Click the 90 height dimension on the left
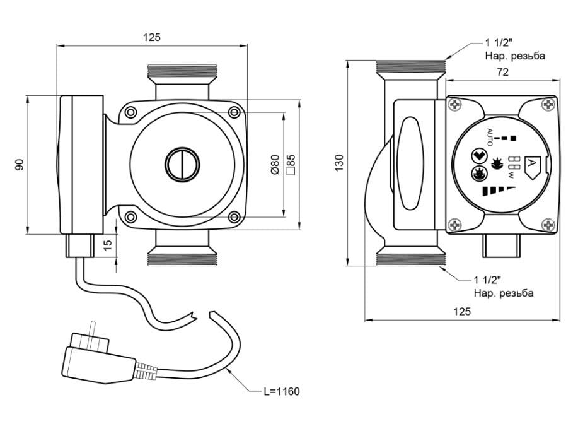pos(20,164)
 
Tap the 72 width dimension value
pos(502,72)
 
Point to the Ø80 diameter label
pos(275,164)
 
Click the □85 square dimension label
pos(291,164)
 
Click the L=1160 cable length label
pos(281,392)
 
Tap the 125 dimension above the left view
pos(151,37)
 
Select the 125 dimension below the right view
pos(462,312)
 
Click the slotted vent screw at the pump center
pos(182,165)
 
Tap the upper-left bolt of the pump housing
pos(130,112)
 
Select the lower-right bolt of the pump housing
pos(234,217)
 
